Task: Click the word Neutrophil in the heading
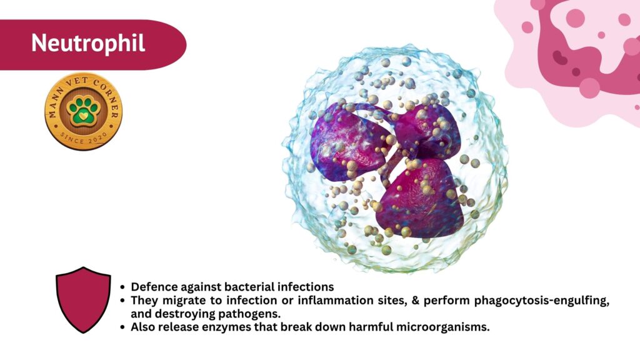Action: click(88, 43)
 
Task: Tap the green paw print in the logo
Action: click(83, 111)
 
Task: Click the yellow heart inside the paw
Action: click(83, 116)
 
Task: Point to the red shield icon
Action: click(83, 300)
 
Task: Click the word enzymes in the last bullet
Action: click(225, 327)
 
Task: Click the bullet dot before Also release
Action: click(122, 327)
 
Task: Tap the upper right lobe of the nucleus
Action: click(429, 130)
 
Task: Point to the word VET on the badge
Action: click(77, 81)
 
